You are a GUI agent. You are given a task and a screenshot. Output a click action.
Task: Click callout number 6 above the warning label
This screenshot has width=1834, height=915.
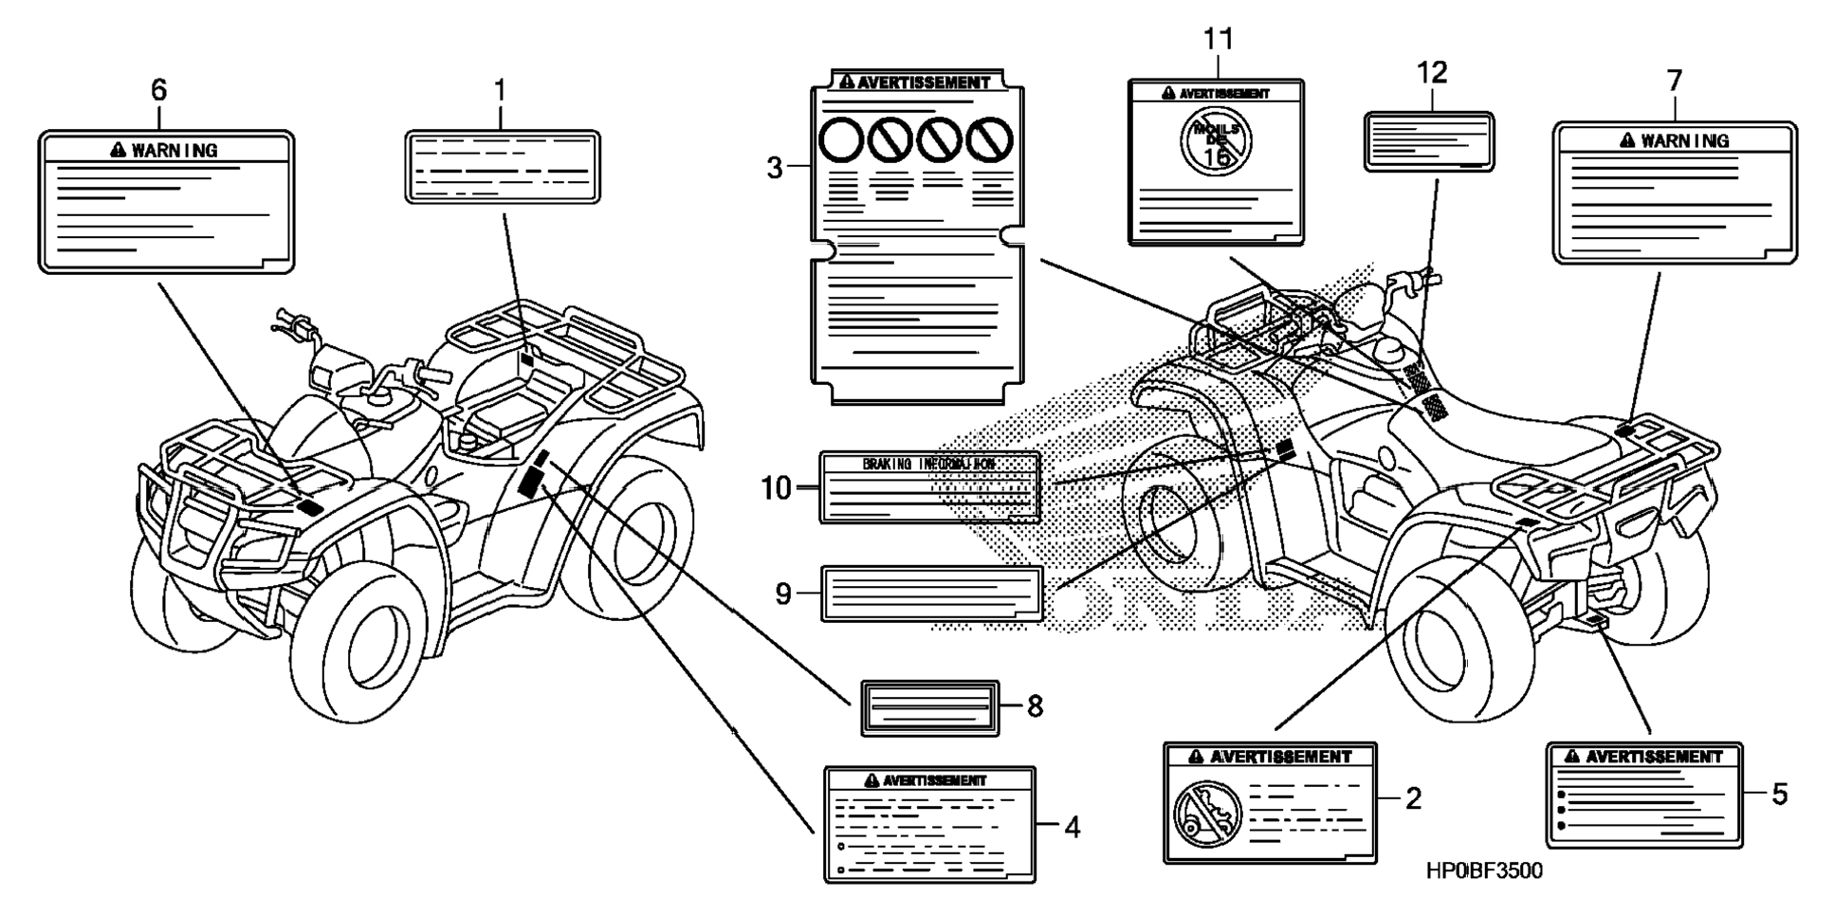tap(158, 90)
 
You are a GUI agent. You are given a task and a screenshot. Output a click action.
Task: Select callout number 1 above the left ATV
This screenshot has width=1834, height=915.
tap(500, 91)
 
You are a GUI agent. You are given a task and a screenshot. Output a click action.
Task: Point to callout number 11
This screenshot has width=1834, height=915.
tap(1219, 40)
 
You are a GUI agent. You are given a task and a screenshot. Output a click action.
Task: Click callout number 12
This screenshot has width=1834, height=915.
tap(1432, 72)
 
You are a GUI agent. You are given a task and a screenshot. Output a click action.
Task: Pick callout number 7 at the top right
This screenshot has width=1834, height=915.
tap(1674, 81)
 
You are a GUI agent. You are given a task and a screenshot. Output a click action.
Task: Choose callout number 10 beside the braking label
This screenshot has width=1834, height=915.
tap(776, 488)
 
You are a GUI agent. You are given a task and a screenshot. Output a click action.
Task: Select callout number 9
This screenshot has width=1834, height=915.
tap(782, 594)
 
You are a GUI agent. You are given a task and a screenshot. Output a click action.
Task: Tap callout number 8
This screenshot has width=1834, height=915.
tap(1035, 706)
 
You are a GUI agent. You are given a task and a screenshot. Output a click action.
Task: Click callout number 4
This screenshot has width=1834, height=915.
tap(1072, 828)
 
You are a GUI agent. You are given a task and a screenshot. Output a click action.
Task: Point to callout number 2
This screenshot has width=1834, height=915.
tap(1413, 798)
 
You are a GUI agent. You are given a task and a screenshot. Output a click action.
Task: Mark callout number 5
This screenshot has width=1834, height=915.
tap(1779, 794)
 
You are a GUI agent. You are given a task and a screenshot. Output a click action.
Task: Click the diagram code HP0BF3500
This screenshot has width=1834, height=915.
tap(1484, 870)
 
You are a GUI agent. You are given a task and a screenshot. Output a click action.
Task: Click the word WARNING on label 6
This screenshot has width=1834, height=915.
tap(174, 150)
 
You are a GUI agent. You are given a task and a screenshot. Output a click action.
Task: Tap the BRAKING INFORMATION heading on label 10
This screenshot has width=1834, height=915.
tap(928, 464)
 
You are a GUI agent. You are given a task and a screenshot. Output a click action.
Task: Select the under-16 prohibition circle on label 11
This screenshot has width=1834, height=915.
tap(1216, 140)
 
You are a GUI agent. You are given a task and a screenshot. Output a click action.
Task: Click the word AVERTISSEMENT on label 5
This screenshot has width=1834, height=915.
tap(1654, 757)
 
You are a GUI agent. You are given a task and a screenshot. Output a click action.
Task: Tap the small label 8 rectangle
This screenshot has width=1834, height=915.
tap(929, 707)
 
